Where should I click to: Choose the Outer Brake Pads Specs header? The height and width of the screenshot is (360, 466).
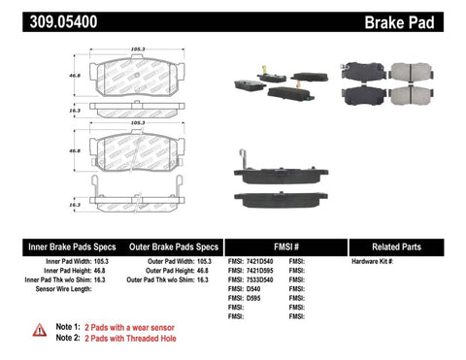(x=169, y=246)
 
